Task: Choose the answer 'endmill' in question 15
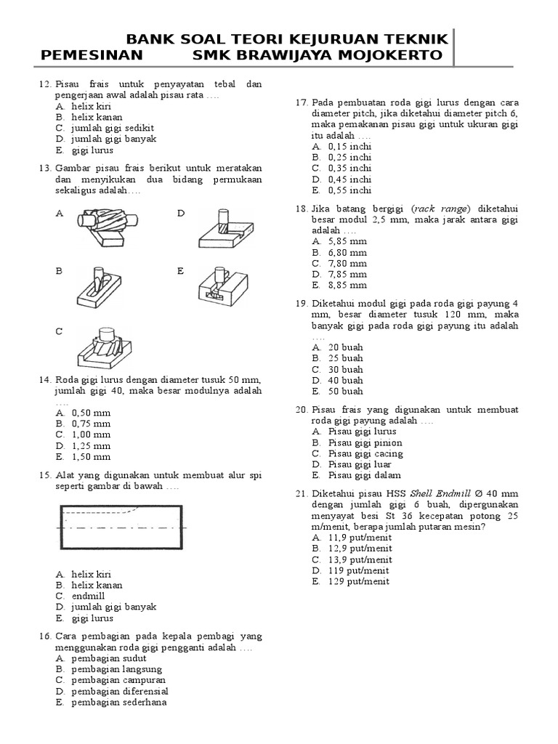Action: (x=88, y=596)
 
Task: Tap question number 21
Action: (x=302, y=493)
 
